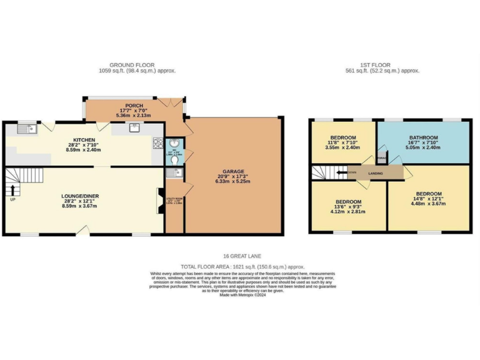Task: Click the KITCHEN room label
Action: pos(84,141)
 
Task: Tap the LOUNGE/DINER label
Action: pos(80,196)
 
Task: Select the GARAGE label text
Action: pos(233,171)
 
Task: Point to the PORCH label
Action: pos(134,106)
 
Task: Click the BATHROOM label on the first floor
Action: pos(423,137)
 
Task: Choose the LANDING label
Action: pos(376,173)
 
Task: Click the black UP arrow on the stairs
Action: pos(12,188)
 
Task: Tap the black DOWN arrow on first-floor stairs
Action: pos(342,172)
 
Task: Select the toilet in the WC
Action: pos(174,161)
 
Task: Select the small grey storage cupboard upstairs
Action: pos(381,157)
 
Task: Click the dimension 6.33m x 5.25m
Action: pos(233,183)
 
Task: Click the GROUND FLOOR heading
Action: pos(132,65)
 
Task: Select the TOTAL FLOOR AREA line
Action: pos(242,266)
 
